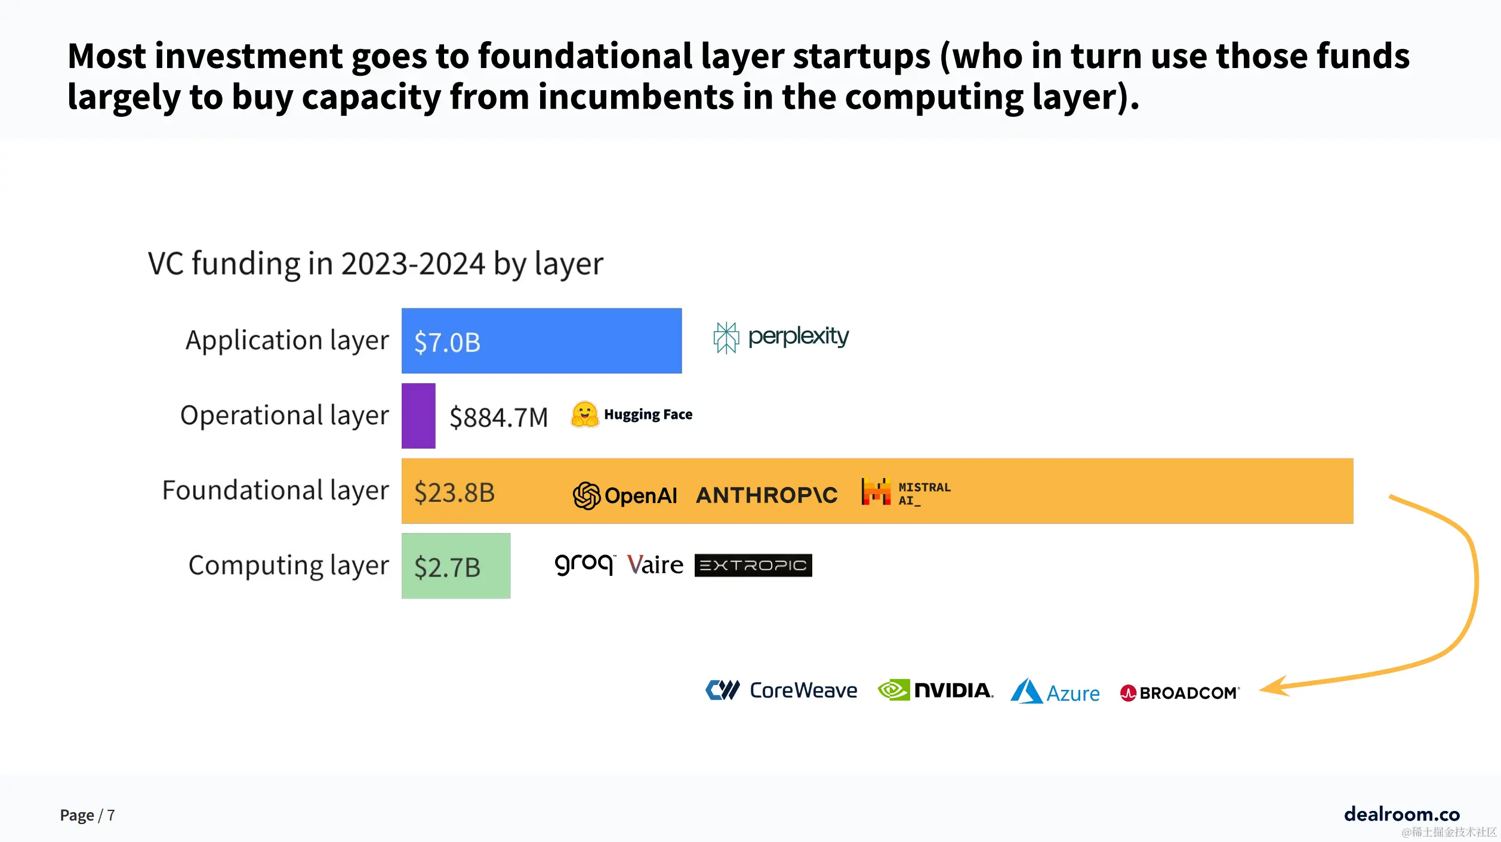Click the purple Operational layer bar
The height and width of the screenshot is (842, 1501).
pos(418,416)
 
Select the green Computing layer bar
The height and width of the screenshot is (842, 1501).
pos(456,566)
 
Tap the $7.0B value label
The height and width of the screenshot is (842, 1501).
pos(447,343)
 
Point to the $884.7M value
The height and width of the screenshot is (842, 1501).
pos(498,417)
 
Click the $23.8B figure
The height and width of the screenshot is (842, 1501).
pos(454,492)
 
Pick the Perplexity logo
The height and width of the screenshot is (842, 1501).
pos(781,337)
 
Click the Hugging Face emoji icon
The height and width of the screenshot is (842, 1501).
pos(584,415)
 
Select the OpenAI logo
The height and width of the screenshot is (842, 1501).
pos(625,495)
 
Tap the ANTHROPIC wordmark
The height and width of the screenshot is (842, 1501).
pos(766,495)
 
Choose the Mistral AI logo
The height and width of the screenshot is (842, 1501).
pos(906,492)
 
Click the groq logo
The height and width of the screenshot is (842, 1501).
pos(584,564)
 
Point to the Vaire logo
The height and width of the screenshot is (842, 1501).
pos(655,565)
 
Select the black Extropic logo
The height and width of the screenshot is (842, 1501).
pos(753,565)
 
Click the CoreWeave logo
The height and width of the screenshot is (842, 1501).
pos(781,690)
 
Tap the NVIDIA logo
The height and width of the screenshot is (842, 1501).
pos(935,690)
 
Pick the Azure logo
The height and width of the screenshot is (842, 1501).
pos(1055,692)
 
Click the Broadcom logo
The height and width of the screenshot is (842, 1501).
pos(1179,693)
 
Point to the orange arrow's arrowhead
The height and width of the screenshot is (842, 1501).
pos(1274,687)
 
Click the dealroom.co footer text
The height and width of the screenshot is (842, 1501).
pos(1401,814)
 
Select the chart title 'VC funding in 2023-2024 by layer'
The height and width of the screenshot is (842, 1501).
pos(375,263)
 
